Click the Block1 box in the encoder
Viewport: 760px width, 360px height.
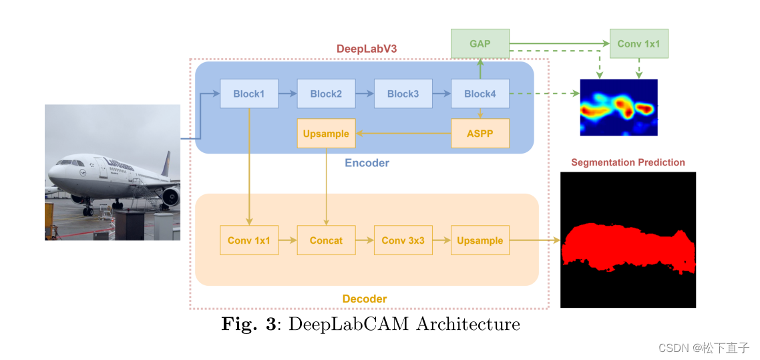pyautogui.click(x=248, y=94)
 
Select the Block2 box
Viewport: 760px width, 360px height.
pyautogui.click(x=326, y=94)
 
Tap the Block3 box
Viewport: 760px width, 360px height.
pyautogui.click(x=403, y=94)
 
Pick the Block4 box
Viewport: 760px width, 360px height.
pyautogui.click(x=480, y=94)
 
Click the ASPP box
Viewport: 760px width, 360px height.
pyautogui.click(x=480, y=134)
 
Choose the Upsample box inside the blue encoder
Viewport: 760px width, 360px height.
pyautogui.click(x=326, y=134)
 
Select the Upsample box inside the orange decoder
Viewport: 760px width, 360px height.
pyautogui.click(x=480, y=240)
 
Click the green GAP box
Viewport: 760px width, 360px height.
pyautogui.click(x=480, y=43)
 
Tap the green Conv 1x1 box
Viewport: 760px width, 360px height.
pyautogui.click(x=638, y=43)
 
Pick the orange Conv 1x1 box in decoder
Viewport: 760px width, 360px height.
pyautogui.click(x=248, y=240)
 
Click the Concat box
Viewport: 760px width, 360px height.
pyautogui.click(x=326, y=240)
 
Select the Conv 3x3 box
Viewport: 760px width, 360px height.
pyautogui.click(x=403, y=240)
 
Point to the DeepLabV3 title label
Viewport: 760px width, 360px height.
pyautogui.click(x=366, y=49)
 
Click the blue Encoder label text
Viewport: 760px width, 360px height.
pyautogui.click(x=367, y=163)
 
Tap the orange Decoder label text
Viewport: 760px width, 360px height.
pyautogui.click(x=365, y=299)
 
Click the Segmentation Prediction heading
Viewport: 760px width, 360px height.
pyautogui.click(x=628, y=162)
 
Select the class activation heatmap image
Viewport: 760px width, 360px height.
pyautogui.click(x=618, y=108)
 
